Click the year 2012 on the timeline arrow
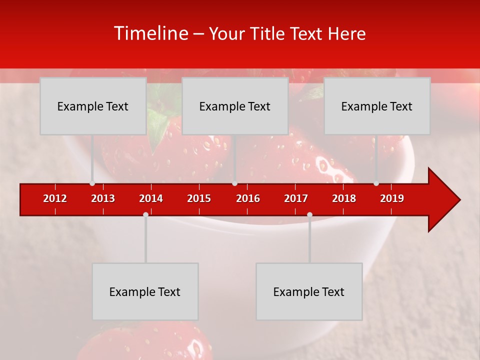click(x=55, y=198)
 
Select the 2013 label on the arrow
click(x=103, y=198)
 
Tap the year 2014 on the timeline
click(x=151, y=198)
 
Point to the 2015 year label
click(x=199, y=198)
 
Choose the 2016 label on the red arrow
click(x=248, y=198)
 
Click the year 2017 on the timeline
click(x=296, y=198)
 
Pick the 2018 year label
click(x=344, y=198)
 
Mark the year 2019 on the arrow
click(x=392, y=198)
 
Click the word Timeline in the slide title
click(x=150, y=33)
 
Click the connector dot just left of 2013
click(x=92, y=183)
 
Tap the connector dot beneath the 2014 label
click(x=145, y=214)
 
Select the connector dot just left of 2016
click(x=234, y=183)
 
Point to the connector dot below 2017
click(x=309, y=214)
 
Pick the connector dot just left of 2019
click(x=376, y=183)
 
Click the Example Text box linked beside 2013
click(x=93, y=106)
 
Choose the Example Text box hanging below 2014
click(x=145, y=291)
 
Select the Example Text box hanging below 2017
click(x=309, y=291)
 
